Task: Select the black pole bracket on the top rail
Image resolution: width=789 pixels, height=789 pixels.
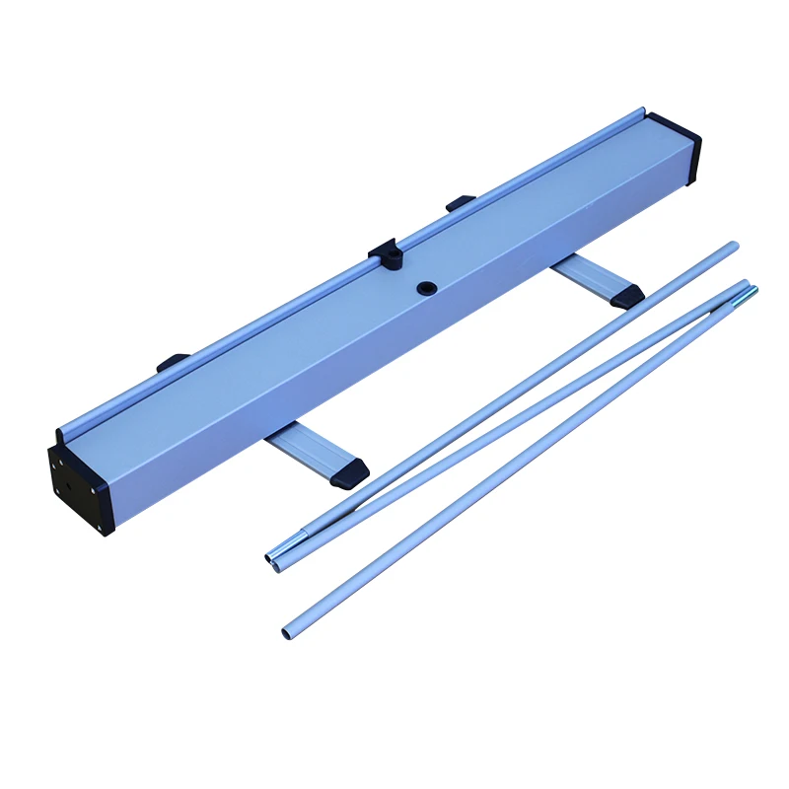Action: point(388,253)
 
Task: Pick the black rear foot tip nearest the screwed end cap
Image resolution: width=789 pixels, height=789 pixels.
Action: point(173,362)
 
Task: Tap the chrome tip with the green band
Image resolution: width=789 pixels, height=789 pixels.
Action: point(751,292)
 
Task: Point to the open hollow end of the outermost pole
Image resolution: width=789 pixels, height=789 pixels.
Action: point(287,630)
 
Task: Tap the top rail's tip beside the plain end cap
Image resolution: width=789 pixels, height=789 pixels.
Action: point(642,111)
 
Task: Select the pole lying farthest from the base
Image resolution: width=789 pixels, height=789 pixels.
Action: point(513,464)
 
